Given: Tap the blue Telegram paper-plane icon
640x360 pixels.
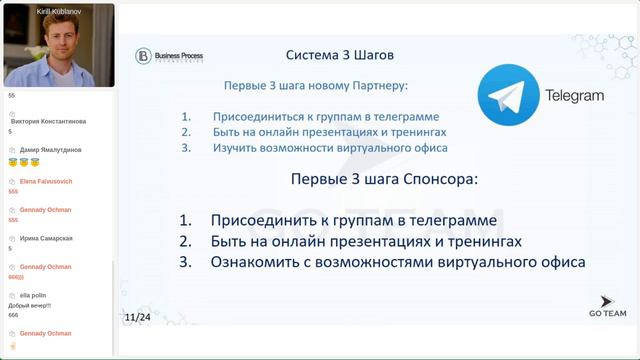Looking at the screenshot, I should (x=507, y=96).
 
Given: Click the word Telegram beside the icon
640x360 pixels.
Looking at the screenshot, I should (x=574, y=96).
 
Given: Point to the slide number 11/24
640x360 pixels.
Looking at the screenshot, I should (x=138, y=317).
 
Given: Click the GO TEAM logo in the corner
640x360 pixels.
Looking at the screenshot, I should (x=605, y=306).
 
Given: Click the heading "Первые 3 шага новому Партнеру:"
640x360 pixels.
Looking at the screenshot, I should (x=316, y=87).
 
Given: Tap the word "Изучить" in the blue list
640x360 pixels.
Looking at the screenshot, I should (x=235, y=148).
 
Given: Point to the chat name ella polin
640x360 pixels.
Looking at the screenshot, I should (x=35, y=296).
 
